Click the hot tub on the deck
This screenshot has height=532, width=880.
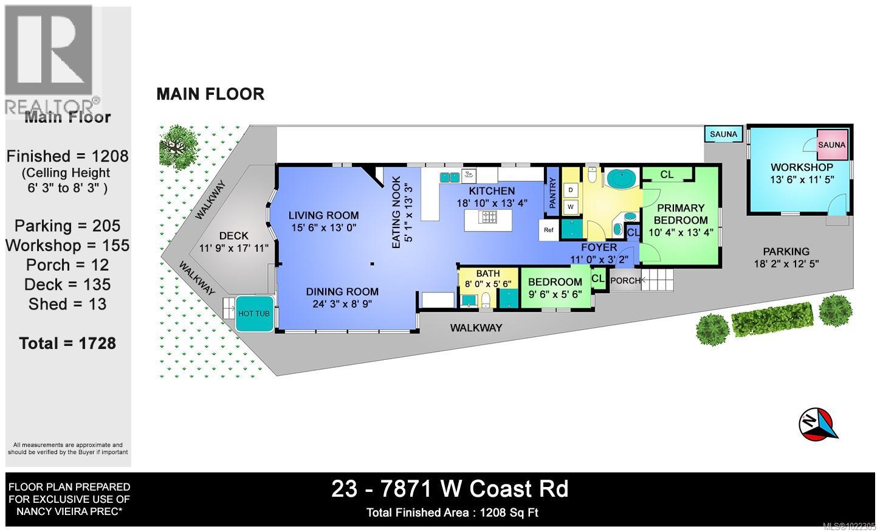[253, 313]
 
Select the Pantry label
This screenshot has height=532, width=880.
[552, 193]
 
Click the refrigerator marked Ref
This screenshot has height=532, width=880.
[549, 230]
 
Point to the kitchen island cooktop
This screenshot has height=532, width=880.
[488, 217]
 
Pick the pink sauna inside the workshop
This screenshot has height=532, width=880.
[831, 145]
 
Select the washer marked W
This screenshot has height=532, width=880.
[570, 207]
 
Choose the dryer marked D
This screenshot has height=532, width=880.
[570, 190]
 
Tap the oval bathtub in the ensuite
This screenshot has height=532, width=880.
[621, 180]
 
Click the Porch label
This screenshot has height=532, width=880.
[625, 281]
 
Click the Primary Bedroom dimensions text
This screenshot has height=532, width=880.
[680, 232]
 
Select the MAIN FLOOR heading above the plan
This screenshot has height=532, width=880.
[210, 94]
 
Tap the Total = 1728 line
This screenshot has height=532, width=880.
[67, 344]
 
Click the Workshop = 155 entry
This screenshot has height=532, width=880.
[67, 246]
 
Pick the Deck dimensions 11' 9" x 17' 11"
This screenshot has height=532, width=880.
[234, 247]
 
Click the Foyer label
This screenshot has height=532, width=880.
[599, 247]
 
